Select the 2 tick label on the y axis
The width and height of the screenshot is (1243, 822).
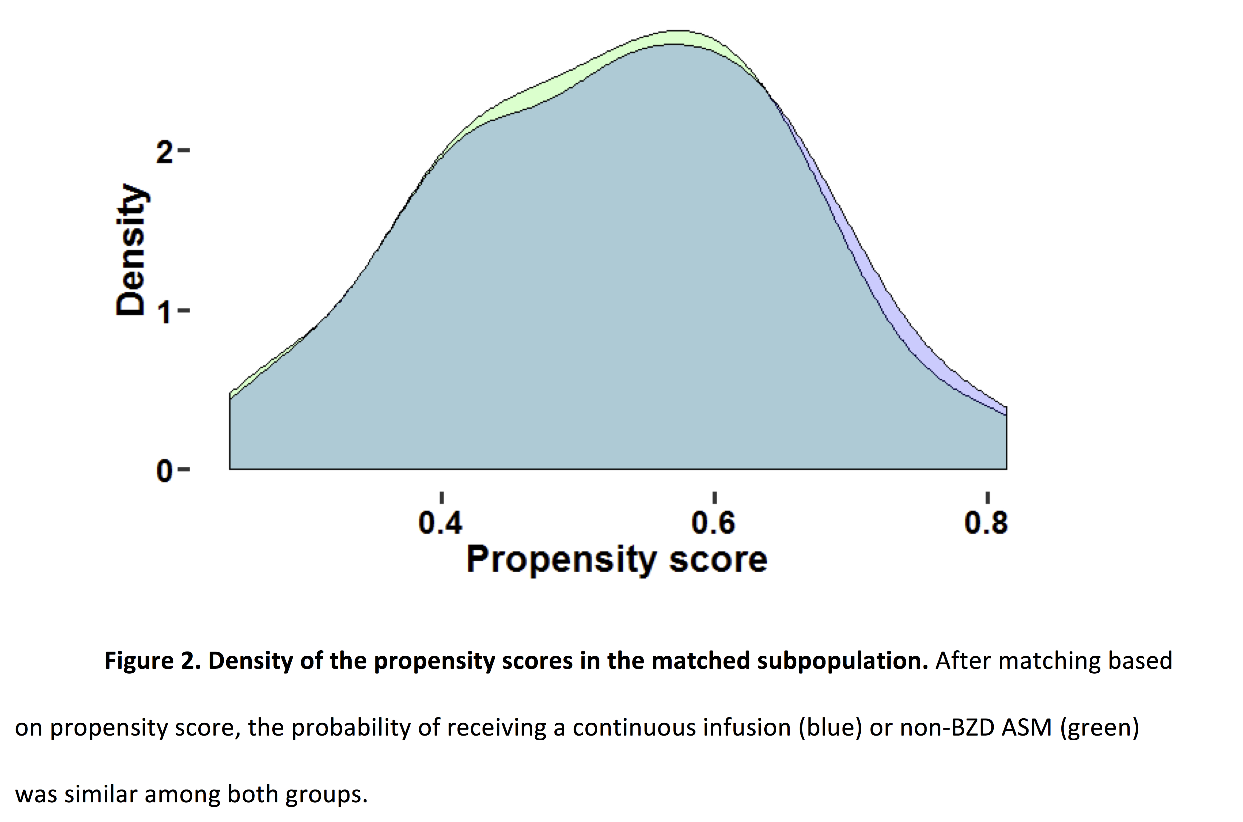pos(165,151)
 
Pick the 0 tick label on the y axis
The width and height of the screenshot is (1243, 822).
pos(165,471)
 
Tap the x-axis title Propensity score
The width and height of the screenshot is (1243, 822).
pos(617,560)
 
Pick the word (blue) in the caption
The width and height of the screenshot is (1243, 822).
pos(831,728)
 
